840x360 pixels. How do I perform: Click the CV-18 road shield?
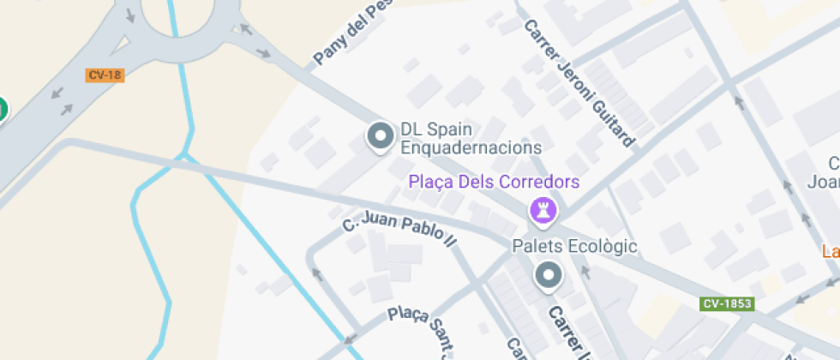[105, 75]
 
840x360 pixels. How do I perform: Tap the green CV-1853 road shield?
[727, 304]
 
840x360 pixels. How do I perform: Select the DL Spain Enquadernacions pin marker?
[379, 136]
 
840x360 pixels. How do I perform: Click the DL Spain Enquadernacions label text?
[471, 139]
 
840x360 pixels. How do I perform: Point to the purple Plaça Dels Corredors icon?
[542, 208]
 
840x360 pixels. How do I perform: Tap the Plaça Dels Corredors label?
[494, 182]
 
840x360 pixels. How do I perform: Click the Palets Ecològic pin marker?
[547, 276]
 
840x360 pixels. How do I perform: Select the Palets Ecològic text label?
[574, 247]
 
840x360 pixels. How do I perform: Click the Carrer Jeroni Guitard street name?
[580, 83]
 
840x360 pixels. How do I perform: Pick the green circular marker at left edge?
[2, 110]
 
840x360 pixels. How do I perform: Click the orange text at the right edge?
[831, 252]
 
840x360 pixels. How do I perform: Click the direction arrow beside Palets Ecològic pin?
[586, 273]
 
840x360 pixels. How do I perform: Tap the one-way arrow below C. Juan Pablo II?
[317, 275]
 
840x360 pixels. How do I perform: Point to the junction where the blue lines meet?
[183, 156]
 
